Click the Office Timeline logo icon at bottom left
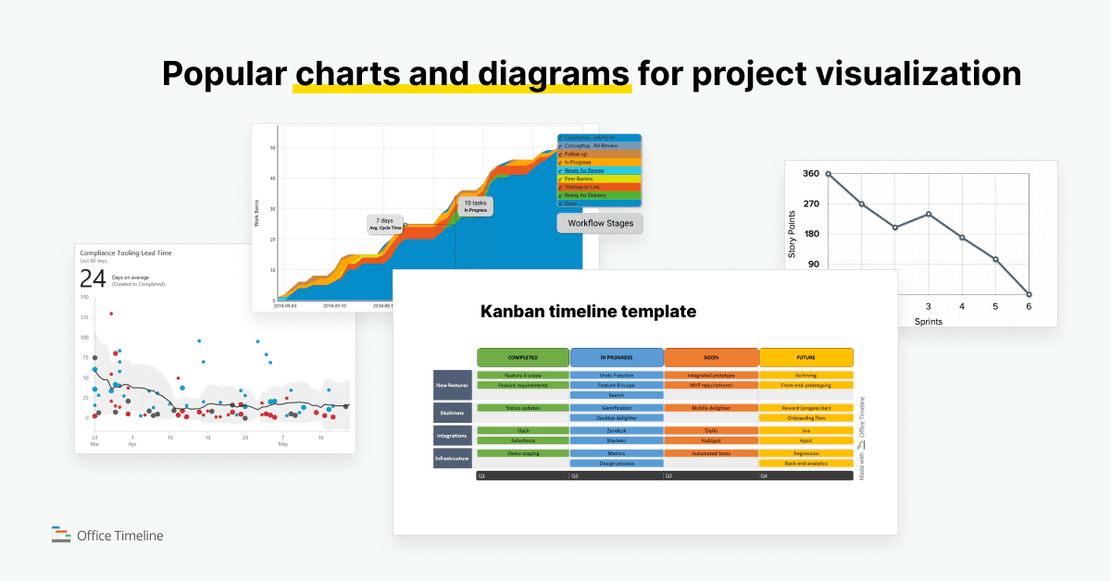61,534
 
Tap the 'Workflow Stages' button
600,223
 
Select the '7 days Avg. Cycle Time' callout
386,225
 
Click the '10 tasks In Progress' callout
475,206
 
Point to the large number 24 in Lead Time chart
93,279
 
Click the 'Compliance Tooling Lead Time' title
125,253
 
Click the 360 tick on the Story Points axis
810,174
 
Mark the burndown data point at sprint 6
1029,294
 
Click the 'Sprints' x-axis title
929,321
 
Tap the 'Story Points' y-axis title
792,234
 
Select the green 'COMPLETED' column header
522,357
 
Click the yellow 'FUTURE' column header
805,357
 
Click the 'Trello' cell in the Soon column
710,431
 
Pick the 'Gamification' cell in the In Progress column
616,408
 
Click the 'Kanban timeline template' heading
588,312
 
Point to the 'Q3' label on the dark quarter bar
668,476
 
